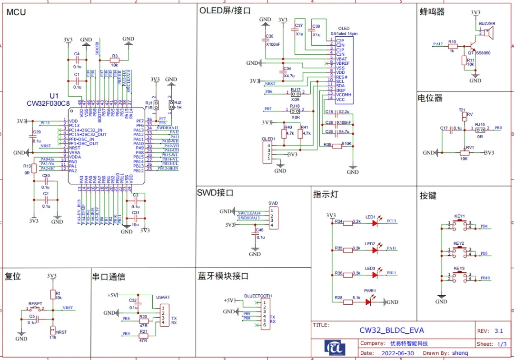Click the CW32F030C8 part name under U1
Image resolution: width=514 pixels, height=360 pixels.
tap(48, 103)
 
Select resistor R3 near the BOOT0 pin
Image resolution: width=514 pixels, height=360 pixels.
tap(114, 60)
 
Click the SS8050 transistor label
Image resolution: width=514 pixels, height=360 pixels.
tap(484, 52)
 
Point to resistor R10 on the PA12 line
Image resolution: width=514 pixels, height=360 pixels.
tap(452, 47)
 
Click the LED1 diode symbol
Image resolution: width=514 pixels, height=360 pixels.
tap(375, 222)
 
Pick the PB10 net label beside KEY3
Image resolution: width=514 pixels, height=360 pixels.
tap(485, 278)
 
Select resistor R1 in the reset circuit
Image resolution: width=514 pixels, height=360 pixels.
tap(52, 295)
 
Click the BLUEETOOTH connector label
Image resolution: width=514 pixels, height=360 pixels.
tap(258, 296)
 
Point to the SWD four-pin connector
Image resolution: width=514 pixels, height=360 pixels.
tap(272, 217)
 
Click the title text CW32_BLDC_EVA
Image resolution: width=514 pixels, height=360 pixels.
tap(391, 330)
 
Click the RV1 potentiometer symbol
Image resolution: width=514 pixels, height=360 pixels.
tap(464, 152)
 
